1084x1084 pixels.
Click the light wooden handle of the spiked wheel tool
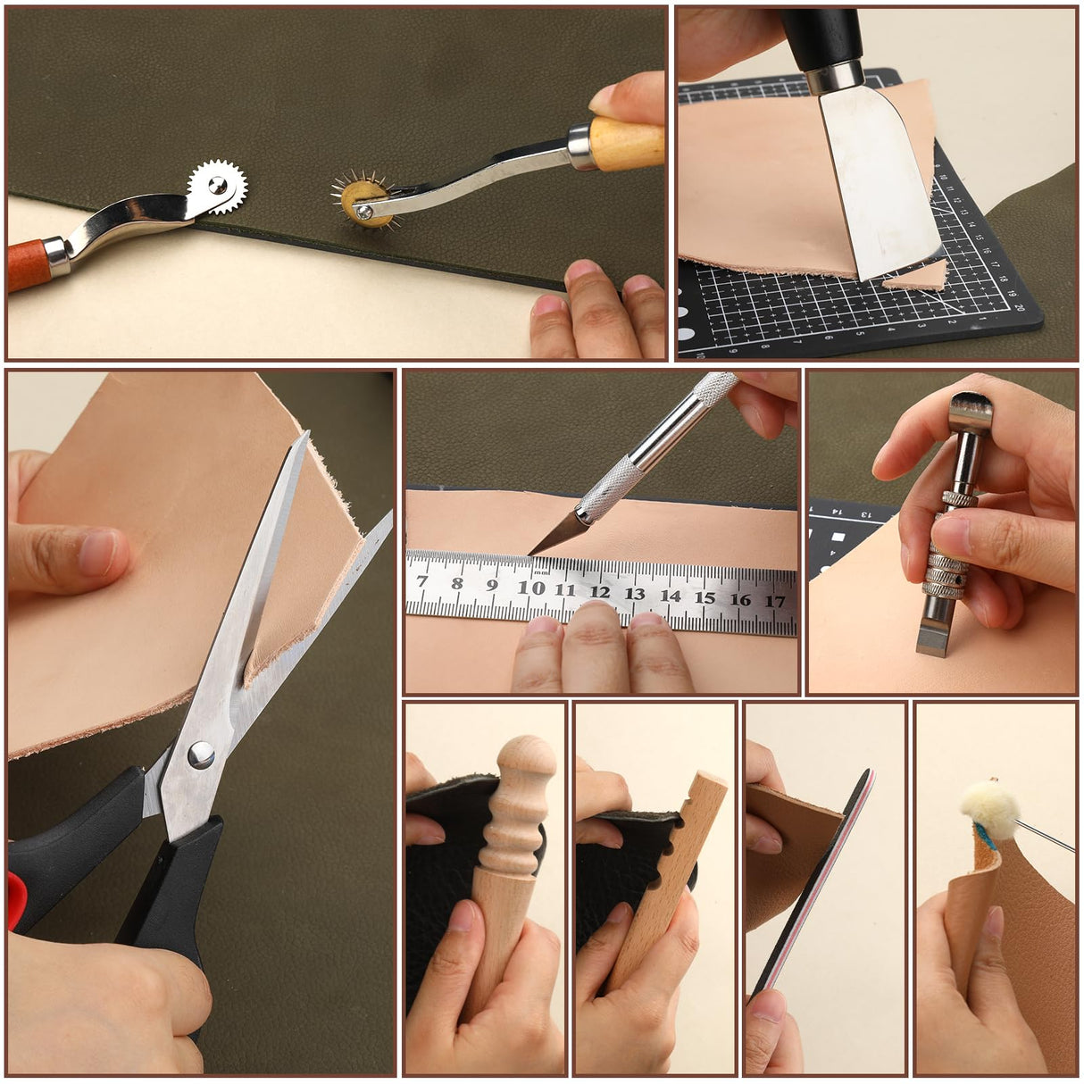[628, 143]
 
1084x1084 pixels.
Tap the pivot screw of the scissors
[201, 755]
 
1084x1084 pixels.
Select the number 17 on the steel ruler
[775, 601]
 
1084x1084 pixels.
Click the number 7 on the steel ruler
[422, 582]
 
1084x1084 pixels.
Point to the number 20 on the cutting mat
[1018, 306]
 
